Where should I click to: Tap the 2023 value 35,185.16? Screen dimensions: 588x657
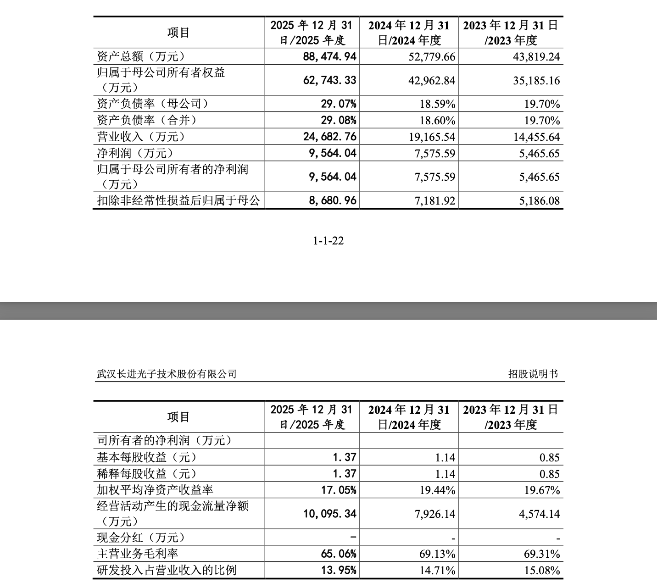(x=540, y=81)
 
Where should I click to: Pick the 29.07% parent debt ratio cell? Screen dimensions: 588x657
(x=338, y=104)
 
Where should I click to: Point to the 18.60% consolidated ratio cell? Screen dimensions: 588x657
(x=437, y=121)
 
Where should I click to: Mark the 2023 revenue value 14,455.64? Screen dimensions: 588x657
(x=540, y=137)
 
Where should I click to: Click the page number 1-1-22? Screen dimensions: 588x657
(x=328, y=241)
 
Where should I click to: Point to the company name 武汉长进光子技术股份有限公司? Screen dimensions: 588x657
(x=167, y=374)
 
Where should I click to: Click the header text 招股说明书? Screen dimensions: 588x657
(x=533, y=374)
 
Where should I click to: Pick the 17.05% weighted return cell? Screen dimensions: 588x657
(x=338, y=490)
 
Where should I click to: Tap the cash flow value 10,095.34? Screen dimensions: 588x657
(x=329, y=514)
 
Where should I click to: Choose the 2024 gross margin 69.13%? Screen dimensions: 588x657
(x=437, y=554)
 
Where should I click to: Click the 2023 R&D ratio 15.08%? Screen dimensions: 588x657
(x=542, y=571)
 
